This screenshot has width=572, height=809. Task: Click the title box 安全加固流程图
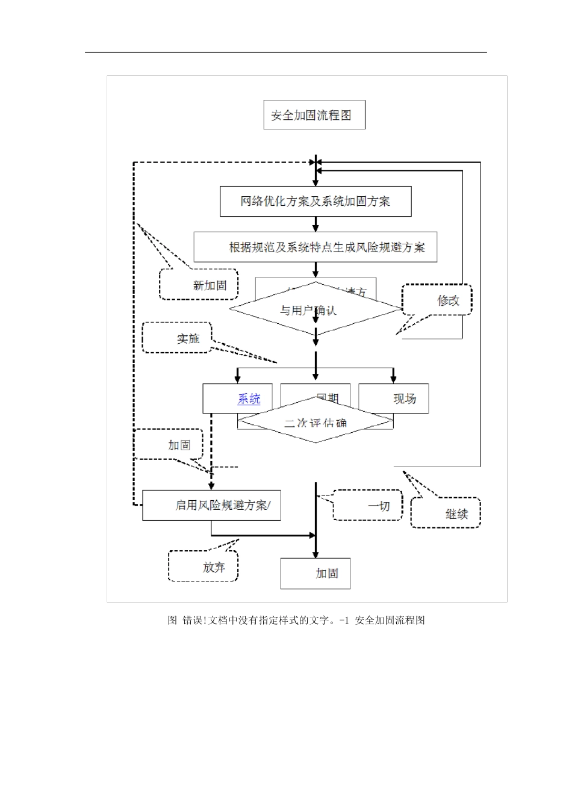click(314, 115)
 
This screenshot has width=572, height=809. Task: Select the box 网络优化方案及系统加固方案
click(316, 202)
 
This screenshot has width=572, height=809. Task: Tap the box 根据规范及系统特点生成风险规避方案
click(316, 247)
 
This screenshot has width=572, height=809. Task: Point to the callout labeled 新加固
click(199, 285)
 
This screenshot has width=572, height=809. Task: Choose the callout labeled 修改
click(438, 300)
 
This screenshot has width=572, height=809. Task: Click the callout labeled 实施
click(178, 338)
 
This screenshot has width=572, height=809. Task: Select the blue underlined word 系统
click(249, 398)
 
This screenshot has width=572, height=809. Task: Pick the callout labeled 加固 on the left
click(169, 445)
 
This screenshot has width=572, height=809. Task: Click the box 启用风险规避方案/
click(211, 506)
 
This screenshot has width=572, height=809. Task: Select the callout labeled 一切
click(368, 506)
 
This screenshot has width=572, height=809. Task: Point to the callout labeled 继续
click(446, 513)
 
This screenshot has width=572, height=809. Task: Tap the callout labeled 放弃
click(204, 566)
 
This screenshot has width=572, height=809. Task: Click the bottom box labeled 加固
click(316, 574)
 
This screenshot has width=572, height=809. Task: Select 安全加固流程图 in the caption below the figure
click(390, 621)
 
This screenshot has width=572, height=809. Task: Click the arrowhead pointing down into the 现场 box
click(394, 379)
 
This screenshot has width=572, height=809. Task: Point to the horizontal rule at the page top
click(286, 52)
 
